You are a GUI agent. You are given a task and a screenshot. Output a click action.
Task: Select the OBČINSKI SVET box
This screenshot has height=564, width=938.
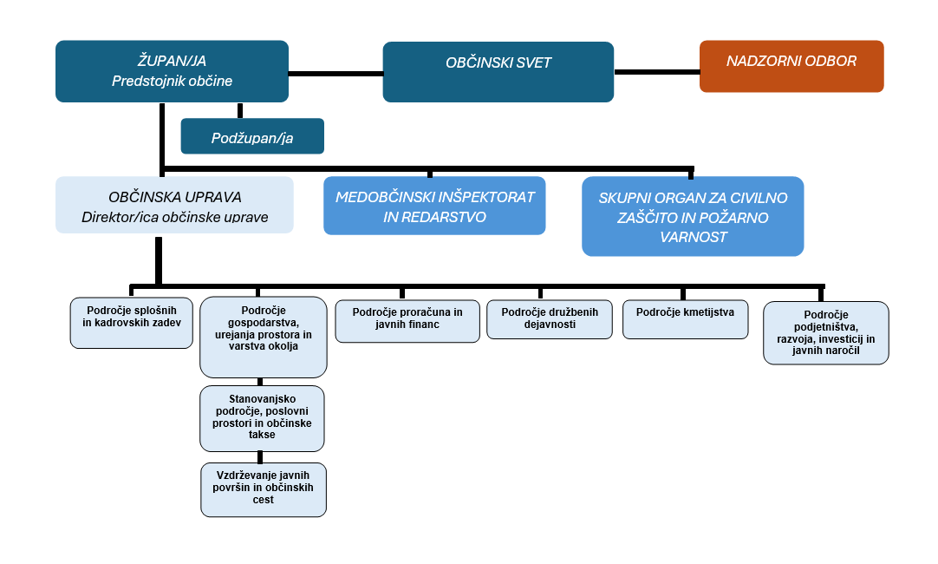click(498, 72)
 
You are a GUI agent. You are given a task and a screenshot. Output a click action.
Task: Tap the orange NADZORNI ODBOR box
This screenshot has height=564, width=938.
click(791, 66)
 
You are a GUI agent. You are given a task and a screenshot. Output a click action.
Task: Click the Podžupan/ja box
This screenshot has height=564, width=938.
click(251, 136)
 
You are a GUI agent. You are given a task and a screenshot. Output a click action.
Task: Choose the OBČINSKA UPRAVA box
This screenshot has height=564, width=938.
click(174, 205)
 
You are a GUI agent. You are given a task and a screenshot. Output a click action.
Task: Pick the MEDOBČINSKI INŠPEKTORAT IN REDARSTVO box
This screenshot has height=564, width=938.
click(434, 207)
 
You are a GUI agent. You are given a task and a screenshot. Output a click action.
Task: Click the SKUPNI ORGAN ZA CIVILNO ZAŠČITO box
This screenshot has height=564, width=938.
click(692, 217)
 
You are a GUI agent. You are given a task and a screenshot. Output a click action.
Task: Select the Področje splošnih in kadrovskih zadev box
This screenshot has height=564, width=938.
click(132, 324)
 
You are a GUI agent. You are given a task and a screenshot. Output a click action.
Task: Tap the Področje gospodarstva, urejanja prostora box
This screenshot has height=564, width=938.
click(263, 338)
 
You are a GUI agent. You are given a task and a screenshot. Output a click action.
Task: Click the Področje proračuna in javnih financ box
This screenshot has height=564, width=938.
click(407, 322)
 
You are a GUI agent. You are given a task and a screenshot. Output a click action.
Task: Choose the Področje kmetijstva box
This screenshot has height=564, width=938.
click(685, 319)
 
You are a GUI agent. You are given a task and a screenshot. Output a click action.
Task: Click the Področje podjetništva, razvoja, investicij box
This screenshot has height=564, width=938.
click(825, 332)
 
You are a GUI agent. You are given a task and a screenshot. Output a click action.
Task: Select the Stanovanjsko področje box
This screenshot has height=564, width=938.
click(262, 418)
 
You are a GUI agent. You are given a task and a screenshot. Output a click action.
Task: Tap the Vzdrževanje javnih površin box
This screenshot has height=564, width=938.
click(264, 489)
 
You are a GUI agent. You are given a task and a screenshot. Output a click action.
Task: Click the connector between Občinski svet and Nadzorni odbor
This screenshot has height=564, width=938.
click(656, 72)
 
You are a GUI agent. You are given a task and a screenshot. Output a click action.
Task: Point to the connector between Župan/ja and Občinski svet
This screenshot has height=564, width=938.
click(335, 73)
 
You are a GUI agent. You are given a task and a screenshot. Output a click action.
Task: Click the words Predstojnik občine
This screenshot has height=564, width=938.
click(172, 81)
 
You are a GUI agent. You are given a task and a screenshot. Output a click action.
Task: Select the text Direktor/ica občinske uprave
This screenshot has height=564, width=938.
click(174, 217)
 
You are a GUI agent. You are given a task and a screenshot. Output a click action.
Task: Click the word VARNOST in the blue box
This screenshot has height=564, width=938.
click(692, 237)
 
